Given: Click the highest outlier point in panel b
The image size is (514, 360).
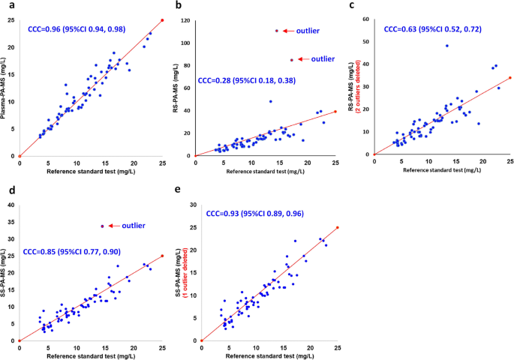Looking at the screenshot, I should tap(276, 31).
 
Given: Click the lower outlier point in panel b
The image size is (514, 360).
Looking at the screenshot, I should tap(292, 59).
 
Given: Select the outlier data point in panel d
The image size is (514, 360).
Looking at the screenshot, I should tap(102, 226).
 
